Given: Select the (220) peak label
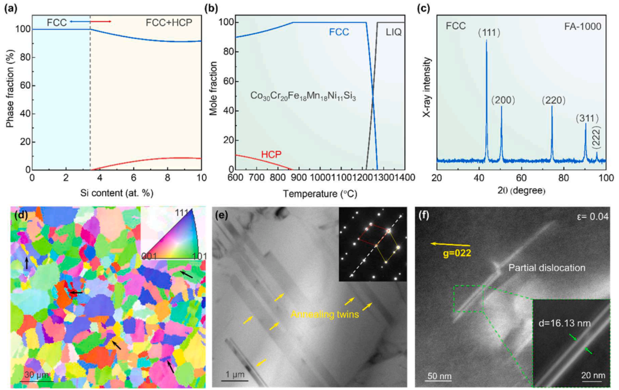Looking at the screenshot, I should click(x=554, y=100).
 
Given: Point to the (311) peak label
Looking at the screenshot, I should click(x=587, y=119).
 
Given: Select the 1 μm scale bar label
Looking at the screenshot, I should click(x=234, y=375).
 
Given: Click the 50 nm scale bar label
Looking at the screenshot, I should click(x=437, y=376).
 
